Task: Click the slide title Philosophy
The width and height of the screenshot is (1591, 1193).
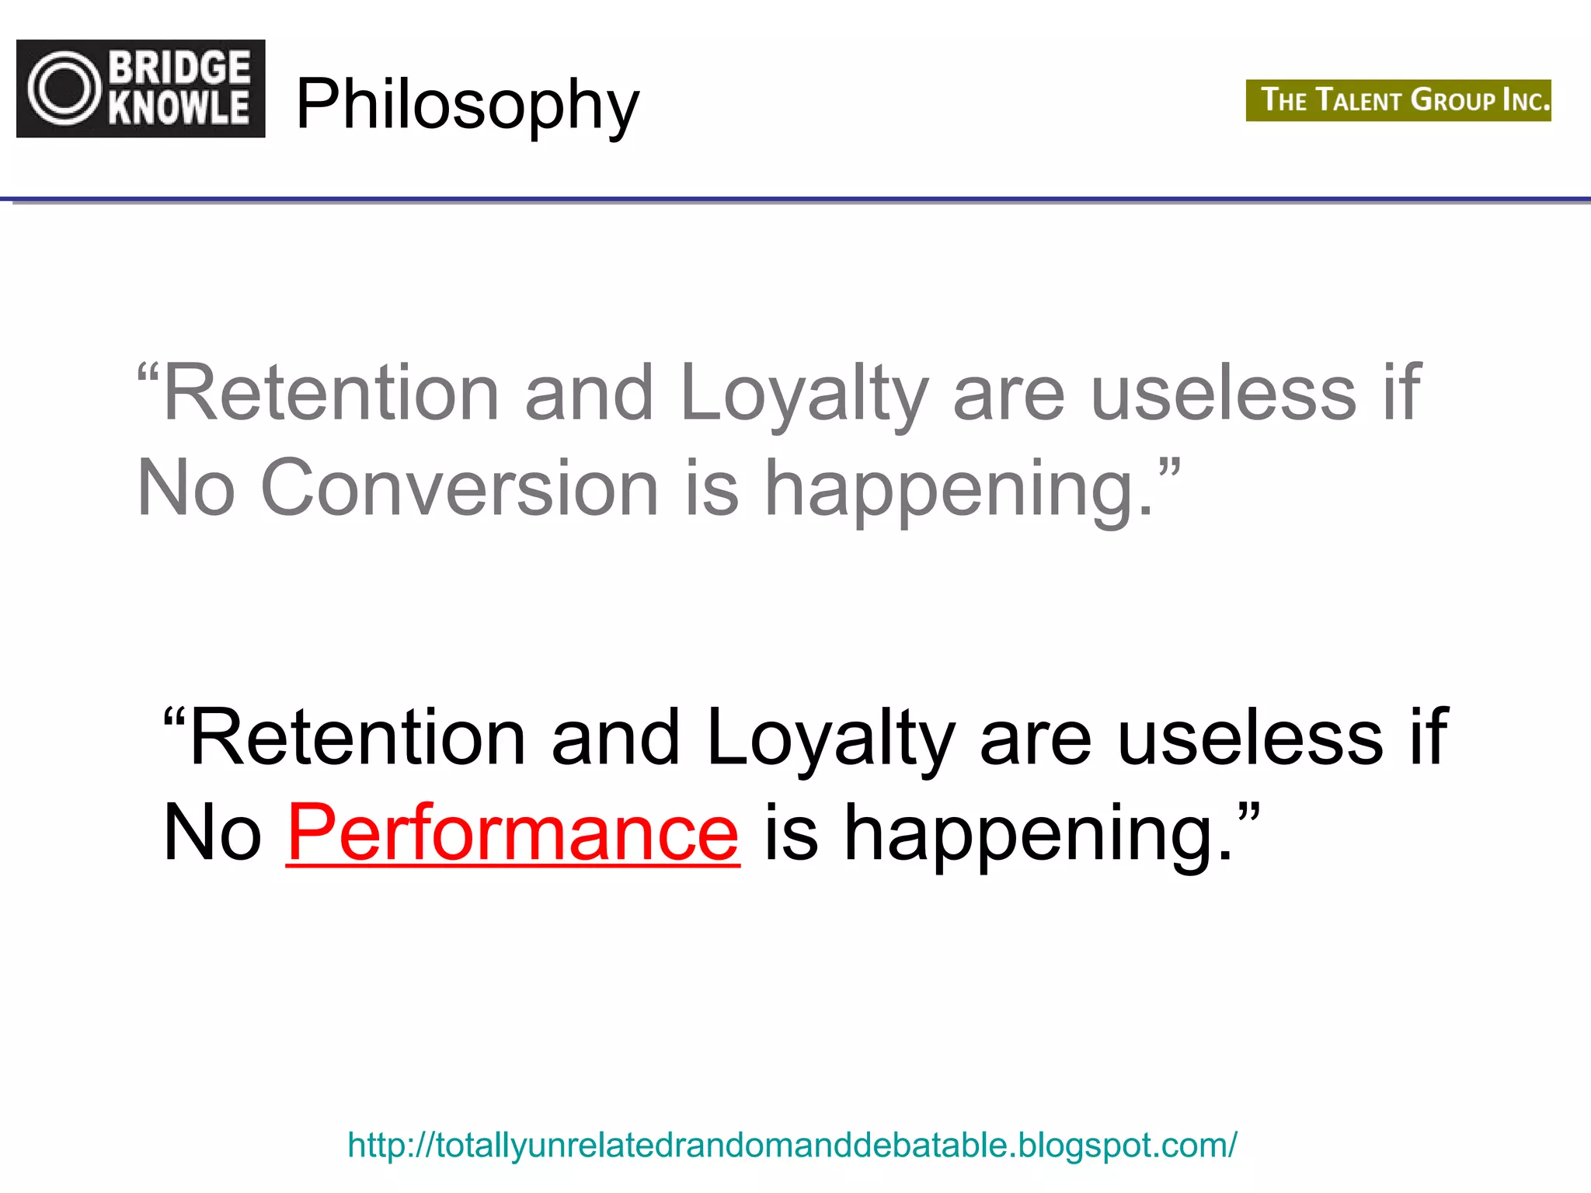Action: [x=467, y=104]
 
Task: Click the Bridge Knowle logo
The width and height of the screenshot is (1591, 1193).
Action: [x=141, y=89]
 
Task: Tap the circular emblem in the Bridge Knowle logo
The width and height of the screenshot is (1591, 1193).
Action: [x=64, y=89]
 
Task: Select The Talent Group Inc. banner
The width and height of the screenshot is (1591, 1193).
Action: [x=1398, y=100]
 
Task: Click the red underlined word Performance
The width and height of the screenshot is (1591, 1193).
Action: [x=513, y=833]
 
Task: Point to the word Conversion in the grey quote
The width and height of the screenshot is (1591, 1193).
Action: [x=459, y=488]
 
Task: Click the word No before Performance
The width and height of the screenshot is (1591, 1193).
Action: [x=212, y=833]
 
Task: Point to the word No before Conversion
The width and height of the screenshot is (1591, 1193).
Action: [x=186, y=488]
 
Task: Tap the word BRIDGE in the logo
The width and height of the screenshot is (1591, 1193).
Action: [x=179, y=68]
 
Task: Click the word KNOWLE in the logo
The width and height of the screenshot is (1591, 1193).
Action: [x=179, y=107]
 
